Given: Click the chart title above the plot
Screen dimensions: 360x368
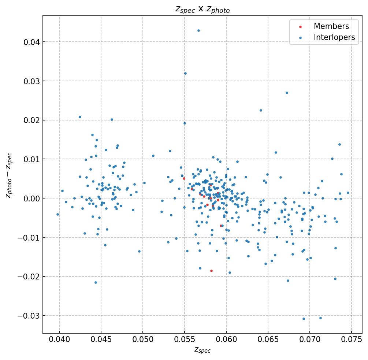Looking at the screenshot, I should (x=202, y=9).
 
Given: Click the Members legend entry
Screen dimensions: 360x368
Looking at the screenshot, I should (x=331, y=26).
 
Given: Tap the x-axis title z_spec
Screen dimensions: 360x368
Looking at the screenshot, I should (x=202, y=350).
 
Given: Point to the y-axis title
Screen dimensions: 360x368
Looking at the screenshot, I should (x=9, y=175).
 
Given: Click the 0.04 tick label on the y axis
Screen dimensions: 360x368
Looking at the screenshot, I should (x=31, y=42).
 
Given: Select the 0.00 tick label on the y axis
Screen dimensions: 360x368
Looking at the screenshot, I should (x=31, y=198).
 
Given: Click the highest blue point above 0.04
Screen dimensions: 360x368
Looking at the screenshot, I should (x=198, y=30).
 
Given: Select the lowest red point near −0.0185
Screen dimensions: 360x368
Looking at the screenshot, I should (x=211, y=271).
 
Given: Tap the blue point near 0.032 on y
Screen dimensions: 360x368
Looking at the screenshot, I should (x=185, y=73).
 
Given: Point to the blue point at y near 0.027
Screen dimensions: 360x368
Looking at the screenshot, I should (x=287, y=93).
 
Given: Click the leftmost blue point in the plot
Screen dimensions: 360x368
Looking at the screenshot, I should (x=57, y=214).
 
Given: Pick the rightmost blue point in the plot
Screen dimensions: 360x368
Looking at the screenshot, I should (x=348, y=193).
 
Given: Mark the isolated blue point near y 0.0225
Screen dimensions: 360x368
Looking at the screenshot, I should (x=261, y=110).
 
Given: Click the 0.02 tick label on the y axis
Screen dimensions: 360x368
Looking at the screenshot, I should (x=31, y=120).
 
